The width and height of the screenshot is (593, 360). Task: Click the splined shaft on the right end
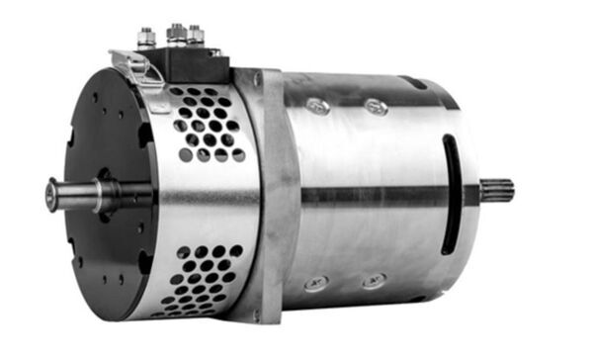tap(499, 188)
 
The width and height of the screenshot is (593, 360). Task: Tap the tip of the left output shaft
tap(49, 194)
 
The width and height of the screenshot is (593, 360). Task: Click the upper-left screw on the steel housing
tap(318, 105)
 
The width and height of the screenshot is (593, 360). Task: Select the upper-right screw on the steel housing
tap(376, 106)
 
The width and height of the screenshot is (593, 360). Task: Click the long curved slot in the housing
tap(450, 194)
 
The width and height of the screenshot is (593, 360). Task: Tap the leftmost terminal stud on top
tap(147, 39)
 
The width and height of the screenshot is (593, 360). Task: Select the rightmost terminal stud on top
tap(196, 37)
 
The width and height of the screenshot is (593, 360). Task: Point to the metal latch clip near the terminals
tap(138, 66)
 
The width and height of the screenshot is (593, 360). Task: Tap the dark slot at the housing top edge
tap(415, 83)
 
